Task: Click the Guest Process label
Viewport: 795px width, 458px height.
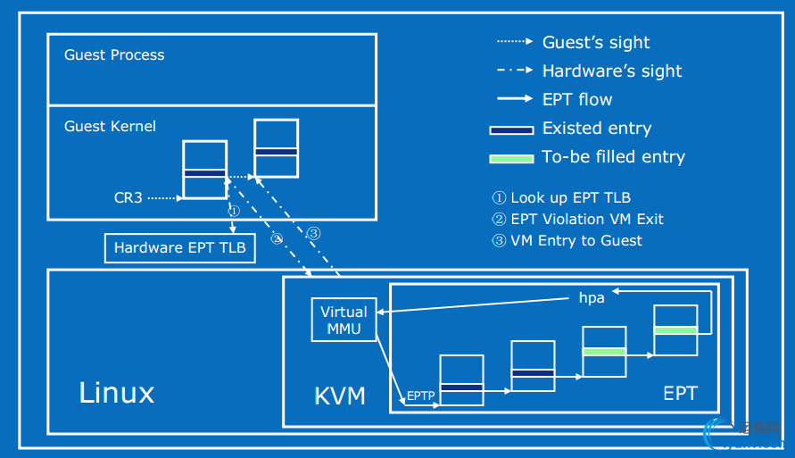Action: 114,55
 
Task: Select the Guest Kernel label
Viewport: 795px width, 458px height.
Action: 110,127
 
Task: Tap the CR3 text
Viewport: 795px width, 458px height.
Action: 128,197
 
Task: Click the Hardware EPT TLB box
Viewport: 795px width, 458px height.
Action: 180,248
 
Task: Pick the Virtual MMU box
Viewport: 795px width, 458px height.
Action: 344,320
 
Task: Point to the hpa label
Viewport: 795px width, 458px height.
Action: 592,297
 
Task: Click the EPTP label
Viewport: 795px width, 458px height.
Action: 420,395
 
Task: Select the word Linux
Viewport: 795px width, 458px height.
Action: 116,393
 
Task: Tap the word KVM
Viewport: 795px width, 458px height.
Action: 340,396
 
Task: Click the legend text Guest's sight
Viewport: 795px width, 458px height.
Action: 596,42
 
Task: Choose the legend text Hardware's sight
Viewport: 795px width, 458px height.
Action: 612,71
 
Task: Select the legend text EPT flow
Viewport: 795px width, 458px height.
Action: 577,99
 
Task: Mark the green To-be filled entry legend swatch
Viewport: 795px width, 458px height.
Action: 511,158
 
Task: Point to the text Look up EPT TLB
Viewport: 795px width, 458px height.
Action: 570,197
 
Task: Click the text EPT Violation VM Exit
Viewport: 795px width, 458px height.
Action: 586,219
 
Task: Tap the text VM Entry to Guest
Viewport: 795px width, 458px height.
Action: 576,240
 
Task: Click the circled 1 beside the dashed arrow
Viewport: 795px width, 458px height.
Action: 233,212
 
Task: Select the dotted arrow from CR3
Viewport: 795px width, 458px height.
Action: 163,197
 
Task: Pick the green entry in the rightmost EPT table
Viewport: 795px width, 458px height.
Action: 675,329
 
